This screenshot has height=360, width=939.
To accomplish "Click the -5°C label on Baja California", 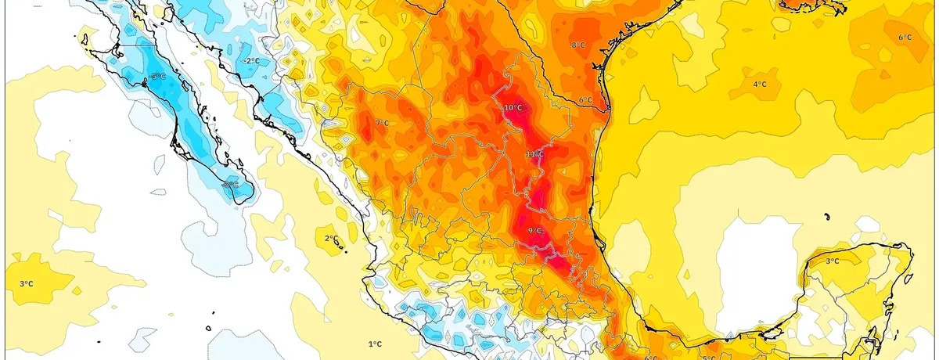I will [x=158, y=76].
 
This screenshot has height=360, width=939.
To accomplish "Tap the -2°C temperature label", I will [x=251, y=60].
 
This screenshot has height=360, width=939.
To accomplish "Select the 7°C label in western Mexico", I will [x=382, y=123].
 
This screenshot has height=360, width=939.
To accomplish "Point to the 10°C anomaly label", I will [x=513, y=108].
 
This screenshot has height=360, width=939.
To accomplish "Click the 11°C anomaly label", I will [x=534, y=154].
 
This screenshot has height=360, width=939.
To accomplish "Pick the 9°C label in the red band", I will [x=535, y=230].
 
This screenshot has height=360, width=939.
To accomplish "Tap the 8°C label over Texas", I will [x=578, y=45].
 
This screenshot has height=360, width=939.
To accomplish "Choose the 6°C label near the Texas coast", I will [x=586, y=100].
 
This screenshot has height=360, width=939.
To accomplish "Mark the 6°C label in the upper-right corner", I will [x=905, y=38].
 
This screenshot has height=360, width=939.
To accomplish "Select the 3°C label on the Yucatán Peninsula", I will [x=833, y=261].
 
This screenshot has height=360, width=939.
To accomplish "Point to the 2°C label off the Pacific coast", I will [x=330, y=238].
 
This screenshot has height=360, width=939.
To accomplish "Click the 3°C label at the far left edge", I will [x=25, y=283].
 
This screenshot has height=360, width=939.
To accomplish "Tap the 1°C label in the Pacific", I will [x=375, y=344].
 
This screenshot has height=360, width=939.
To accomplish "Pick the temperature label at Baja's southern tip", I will [x=228, y=185].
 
